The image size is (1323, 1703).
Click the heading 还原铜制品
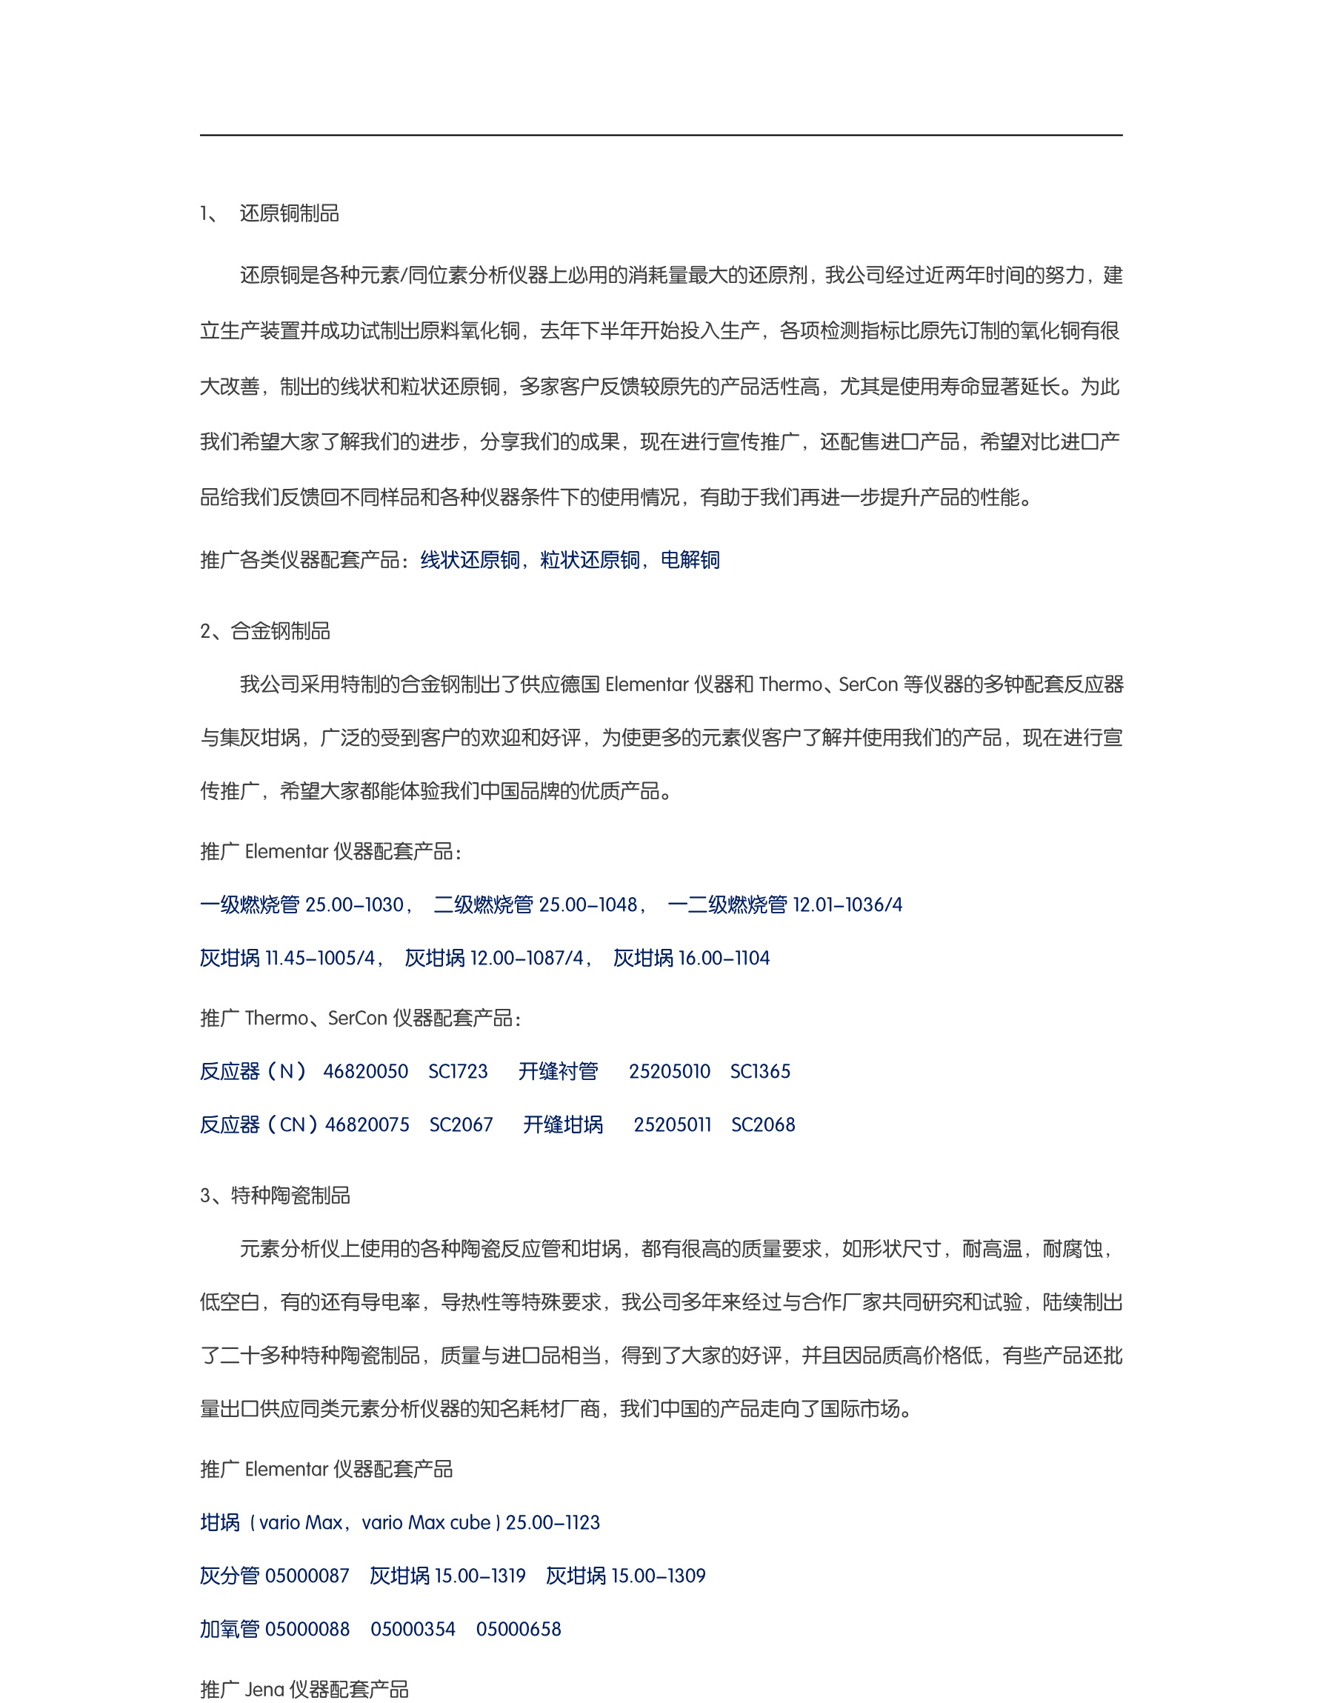tap(288, 213)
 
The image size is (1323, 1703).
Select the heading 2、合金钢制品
tap(265, 631)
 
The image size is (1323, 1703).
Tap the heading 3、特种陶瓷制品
tap(276, 1196)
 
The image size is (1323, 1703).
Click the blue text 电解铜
tap(690, 560)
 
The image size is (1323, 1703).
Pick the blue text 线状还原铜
tap(470, 560)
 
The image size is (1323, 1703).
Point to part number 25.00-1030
tap(354, 904)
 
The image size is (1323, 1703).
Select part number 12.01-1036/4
tap(847, 904)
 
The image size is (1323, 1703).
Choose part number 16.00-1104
tap(724, 959)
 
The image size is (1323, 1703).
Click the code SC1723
tap(459, 1071)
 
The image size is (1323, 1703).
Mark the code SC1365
tap(760, 1071)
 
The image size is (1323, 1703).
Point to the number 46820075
tap(367, 1124)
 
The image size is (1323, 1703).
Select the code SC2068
tap(763, 1124)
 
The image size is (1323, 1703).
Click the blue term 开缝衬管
tap(559, 1071)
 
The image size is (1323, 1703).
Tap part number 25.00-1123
tap(553, 1522)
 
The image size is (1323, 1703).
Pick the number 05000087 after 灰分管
tap(307, 1576)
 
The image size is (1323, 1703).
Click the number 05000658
tap(519, 1629)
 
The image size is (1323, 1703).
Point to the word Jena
tap(264, 1690)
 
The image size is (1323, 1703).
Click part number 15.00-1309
tap(658, 1576)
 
